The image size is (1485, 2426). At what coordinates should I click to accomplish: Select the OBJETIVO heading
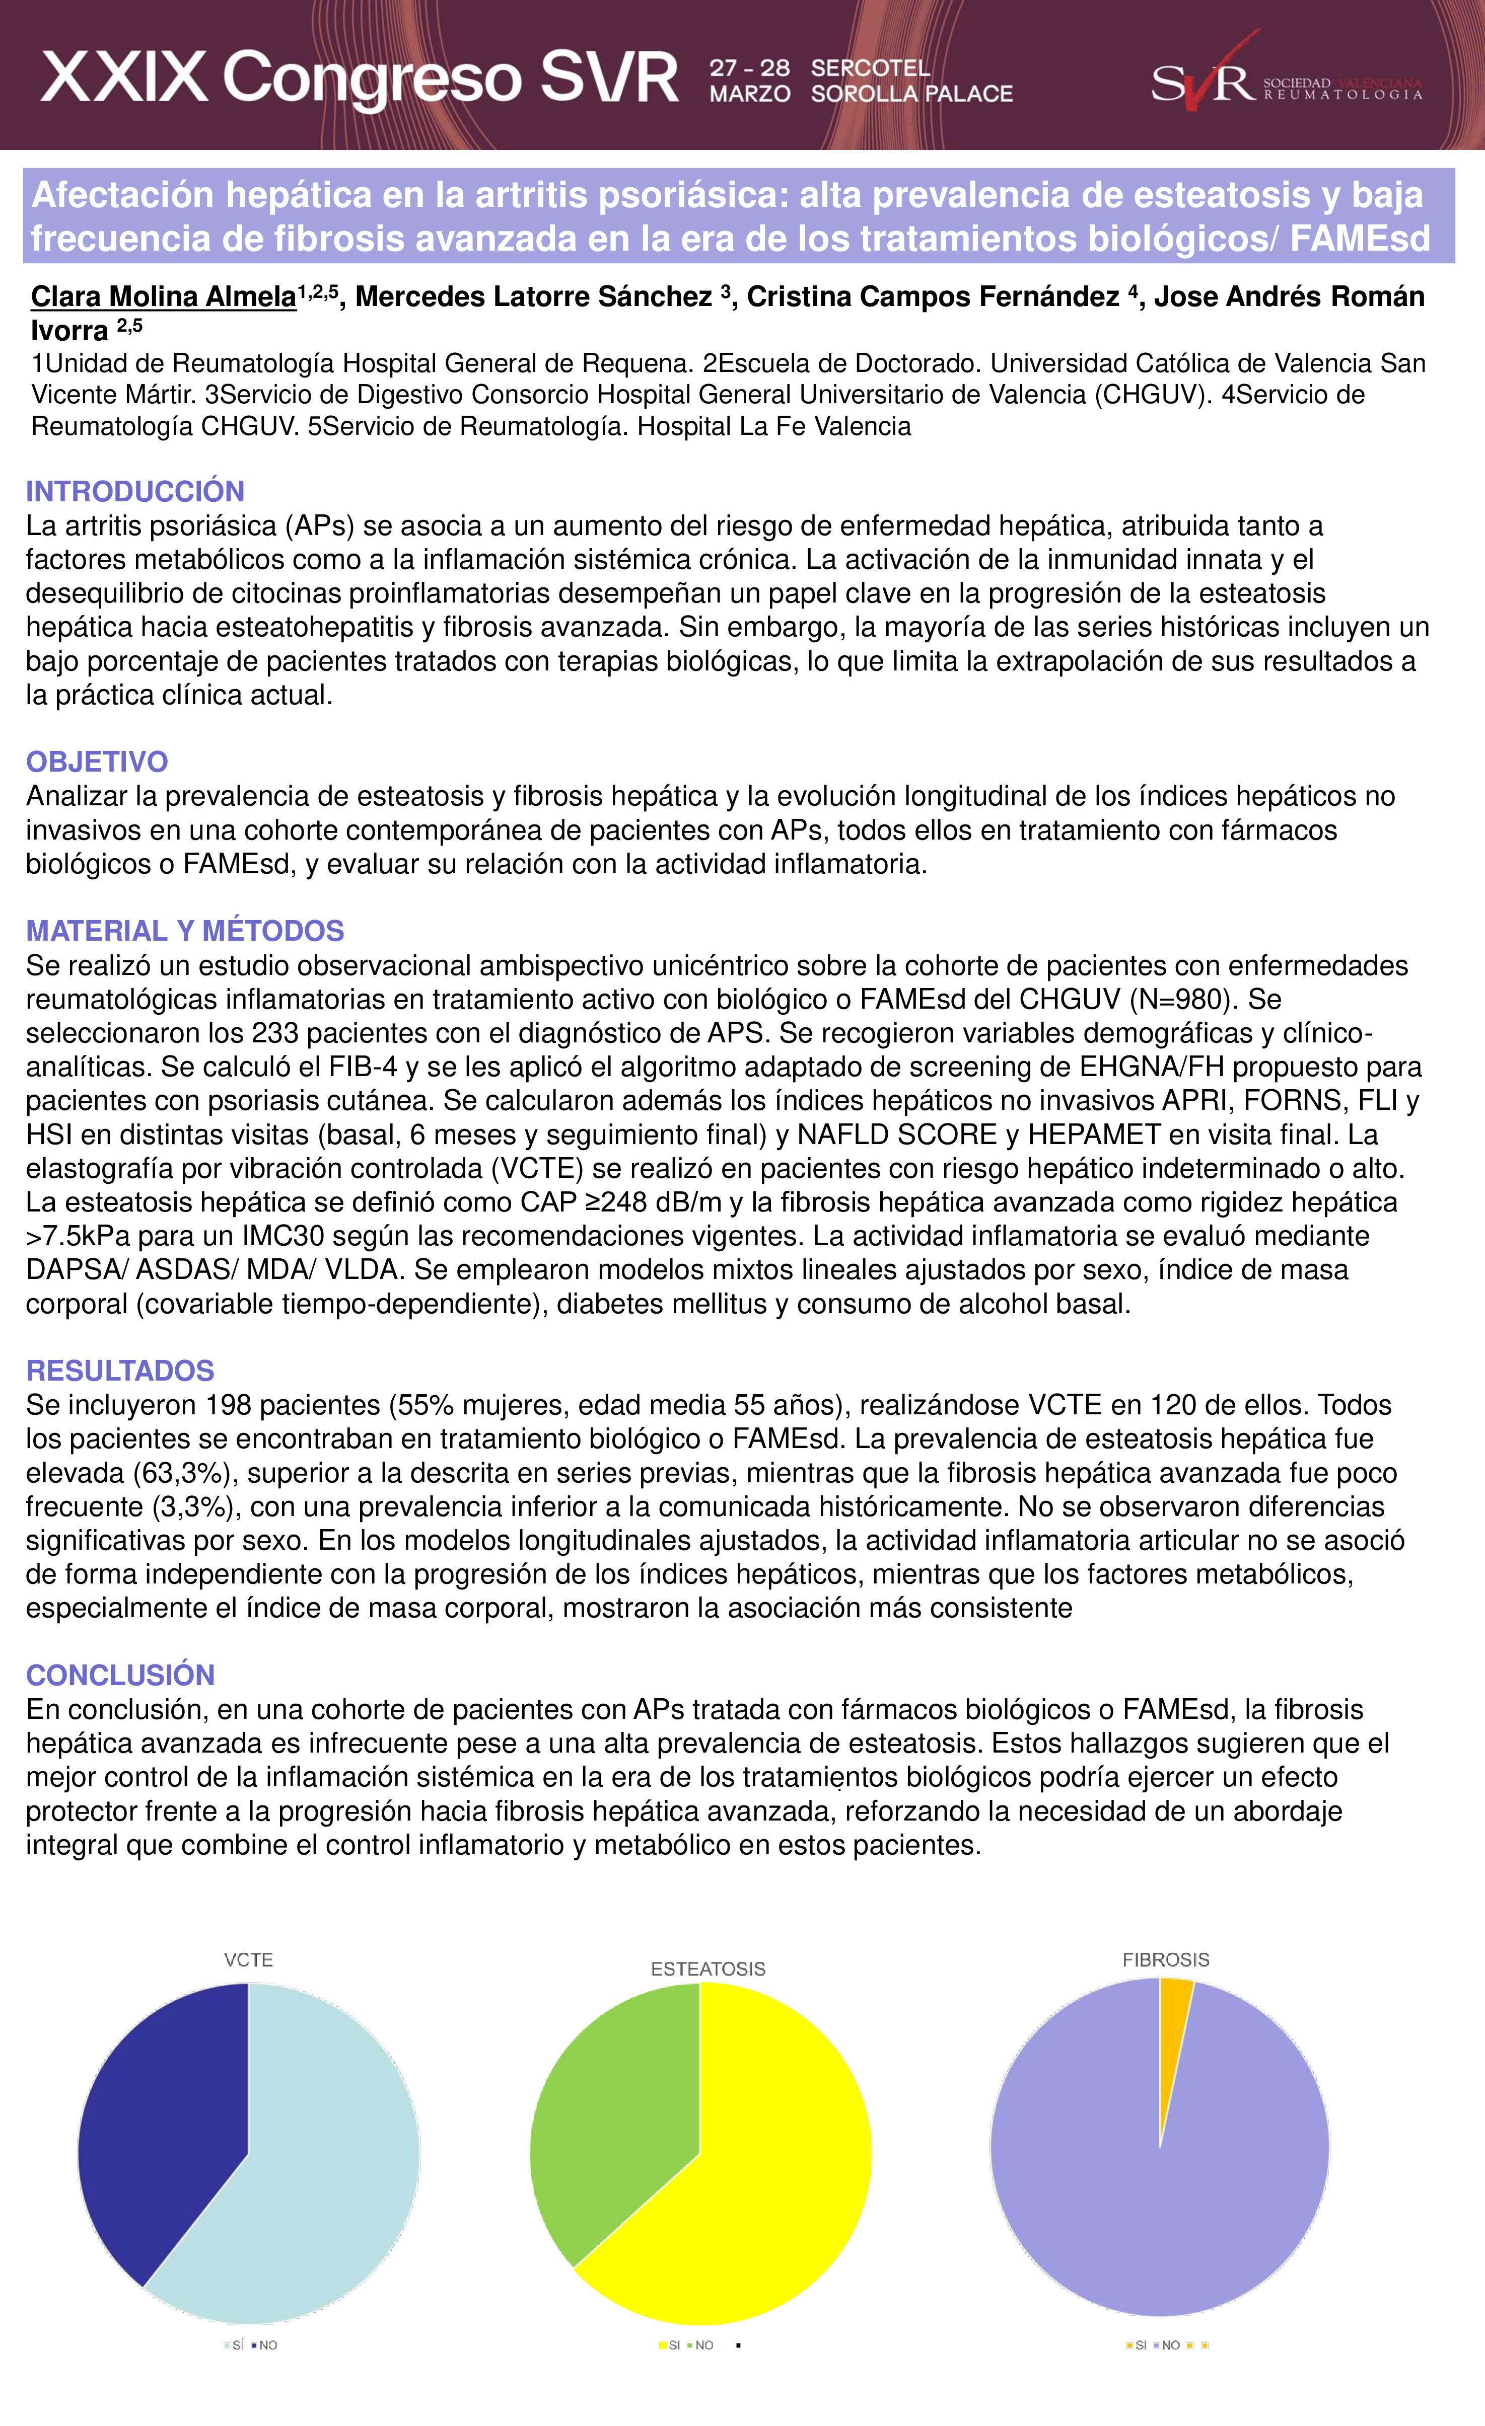point(97,761)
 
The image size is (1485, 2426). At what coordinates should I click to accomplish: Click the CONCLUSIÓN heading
point(120,1675)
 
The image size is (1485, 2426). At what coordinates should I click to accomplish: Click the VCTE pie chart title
point(248,1959)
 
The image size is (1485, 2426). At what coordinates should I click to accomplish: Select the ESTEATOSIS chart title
point(708,1968)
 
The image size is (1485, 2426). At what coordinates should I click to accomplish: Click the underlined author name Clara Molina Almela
point(164,296)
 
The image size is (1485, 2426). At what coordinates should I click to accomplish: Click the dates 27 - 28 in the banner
point(749,68)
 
